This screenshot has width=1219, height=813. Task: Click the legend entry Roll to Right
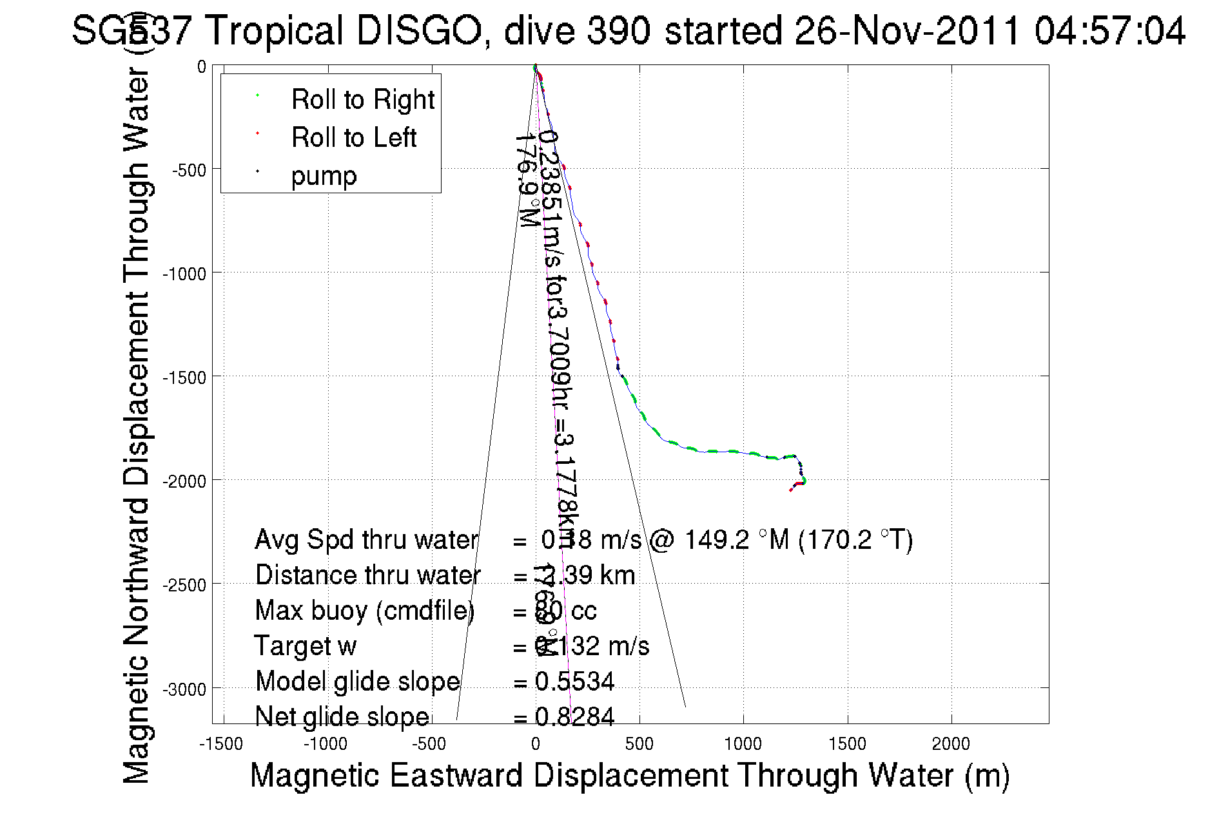point(362,100)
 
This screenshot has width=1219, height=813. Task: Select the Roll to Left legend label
point(353,138)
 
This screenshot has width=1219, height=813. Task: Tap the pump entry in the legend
point(324,176)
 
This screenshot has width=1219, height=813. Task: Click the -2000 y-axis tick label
point(184,481)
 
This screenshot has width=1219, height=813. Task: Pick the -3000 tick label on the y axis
point(184,689)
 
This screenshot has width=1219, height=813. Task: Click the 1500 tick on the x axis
point(847,744)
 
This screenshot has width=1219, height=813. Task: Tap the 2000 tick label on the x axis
point(951,744)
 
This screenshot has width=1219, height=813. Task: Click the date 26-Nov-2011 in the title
point(908,31)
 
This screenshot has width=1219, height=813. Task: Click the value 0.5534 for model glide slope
point(574,682)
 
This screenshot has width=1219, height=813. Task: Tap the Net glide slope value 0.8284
point(574,717)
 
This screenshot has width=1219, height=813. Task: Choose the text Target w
point(305,646)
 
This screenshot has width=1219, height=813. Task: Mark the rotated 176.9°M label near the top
point(527,180)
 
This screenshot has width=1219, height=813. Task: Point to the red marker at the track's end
point(791,490)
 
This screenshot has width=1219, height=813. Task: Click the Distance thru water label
point(367,575)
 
